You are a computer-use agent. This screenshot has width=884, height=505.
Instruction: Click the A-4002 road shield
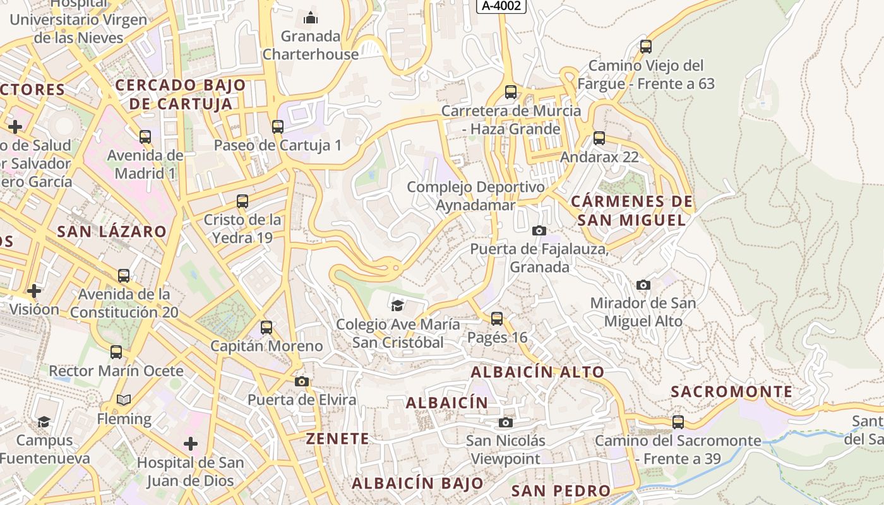tap(501, 6)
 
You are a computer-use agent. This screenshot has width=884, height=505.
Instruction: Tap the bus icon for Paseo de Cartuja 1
tap(278, 126)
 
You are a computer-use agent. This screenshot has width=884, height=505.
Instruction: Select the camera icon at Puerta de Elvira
tap(302, 381)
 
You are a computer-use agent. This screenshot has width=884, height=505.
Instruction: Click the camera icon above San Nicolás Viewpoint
tap(506, 422)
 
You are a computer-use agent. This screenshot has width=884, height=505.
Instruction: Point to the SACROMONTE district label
tap(731, 391)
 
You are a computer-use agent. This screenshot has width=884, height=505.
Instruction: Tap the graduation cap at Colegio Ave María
tap(397, 306)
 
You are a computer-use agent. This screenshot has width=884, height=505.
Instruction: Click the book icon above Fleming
tap(124, 400)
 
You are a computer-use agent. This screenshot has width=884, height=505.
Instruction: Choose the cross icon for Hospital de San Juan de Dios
tap(191, 444)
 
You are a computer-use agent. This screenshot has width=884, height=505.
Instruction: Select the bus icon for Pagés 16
tap(497, 319)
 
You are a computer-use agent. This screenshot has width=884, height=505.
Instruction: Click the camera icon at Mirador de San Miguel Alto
tap(643, 285)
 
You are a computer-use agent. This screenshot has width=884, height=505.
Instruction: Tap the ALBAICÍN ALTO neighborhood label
tap(537, 372)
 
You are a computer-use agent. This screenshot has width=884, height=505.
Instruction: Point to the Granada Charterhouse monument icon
tap(311, 17)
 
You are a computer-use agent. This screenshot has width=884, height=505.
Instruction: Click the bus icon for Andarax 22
tap(599, 138)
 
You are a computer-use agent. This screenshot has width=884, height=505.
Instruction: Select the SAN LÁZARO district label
tap(112, 231)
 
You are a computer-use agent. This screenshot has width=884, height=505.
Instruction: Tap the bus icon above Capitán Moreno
tap(266, 327)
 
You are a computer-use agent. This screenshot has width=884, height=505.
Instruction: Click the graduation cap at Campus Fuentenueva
tap(44, 422)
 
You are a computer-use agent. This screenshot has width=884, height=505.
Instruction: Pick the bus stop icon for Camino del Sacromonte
tap(678, 422)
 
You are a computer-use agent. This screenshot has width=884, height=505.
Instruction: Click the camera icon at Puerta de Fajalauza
tap(539, 230)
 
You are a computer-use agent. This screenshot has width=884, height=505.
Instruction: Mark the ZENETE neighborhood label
tap(337, 438)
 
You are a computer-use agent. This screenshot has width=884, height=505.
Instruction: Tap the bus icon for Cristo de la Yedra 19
tap(242, 201)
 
